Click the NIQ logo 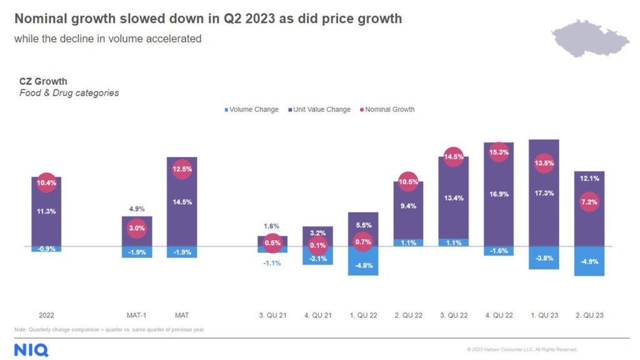point(31,350)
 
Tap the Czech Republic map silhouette point(590,38)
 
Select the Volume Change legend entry point(251,109)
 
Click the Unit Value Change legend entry point(319,109)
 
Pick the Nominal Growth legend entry point(387,109)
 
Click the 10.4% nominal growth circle point(46,183)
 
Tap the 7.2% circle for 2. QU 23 point(589,202)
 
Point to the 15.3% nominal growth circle point(499,152)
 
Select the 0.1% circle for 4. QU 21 point(317,245)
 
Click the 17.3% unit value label point(544,193)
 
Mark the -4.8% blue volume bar point(363,261)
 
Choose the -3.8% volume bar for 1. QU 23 point(544,258)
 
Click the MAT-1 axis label point(136,315)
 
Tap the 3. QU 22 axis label point(454,315)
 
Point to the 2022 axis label point(46,315)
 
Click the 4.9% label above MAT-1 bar point(137,209)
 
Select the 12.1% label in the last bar point(589,178)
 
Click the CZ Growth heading point(43,81)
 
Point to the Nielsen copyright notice point(522,349)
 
